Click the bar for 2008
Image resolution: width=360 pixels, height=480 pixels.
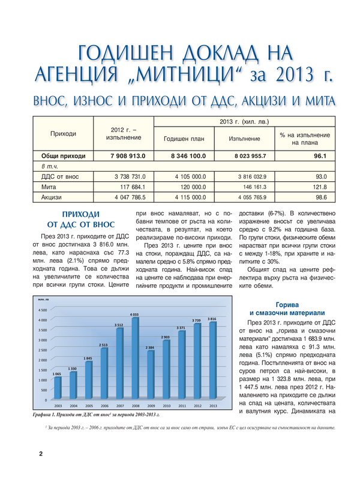[x=135, y=358]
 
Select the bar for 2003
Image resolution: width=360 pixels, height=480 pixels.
[x=57, y=388]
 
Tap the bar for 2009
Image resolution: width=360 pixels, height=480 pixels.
[x=151, y=375]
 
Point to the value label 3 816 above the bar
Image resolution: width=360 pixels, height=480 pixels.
[x=212, y=318]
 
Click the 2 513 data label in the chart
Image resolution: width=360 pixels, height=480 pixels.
[x=104, y=345]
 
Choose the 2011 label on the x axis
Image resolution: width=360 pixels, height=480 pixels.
[x=181, y=406]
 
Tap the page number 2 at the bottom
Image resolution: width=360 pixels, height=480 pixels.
[x=41, y=454]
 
